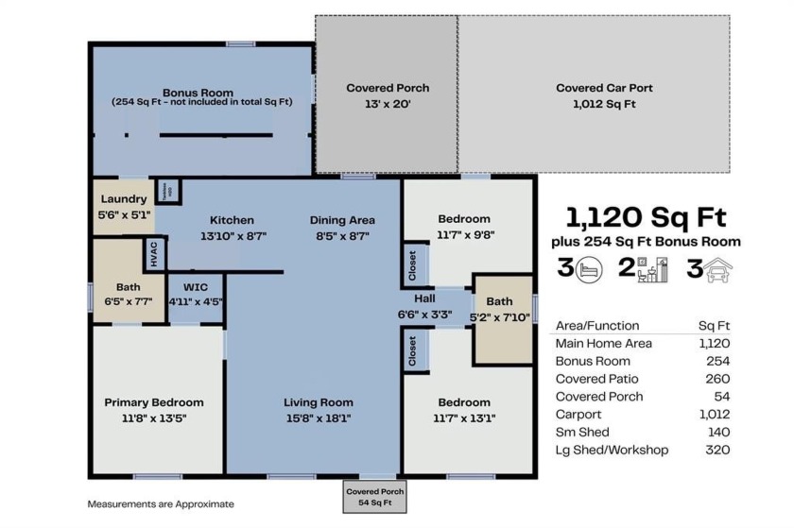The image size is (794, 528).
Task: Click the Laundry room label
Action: tap(123, 198)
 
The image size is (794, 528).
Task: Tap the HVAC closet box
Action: tap(154, 254)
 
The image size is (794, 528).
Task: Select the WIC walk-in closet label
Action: tap(196, 287)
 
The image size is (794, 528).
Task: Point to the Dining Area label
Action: tap(342, 220)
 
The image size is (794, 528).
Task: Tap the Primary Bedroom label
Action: tap(153, 402)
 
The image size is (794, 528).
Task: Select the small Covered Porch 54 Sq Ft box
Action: tap(375, 497)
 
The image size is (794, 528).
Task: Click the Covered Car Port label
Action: tap(604, 88)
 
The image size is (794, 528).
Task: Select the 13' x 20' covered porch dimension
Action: tap(388, 104)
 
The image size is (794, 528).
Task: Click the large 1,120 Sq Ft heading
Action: tap(647, 217)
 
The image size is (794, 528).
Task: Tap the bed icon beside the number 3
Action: tap(588, 269)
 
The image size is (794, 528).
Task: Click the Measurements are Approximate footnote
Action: tap(161, 503)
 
